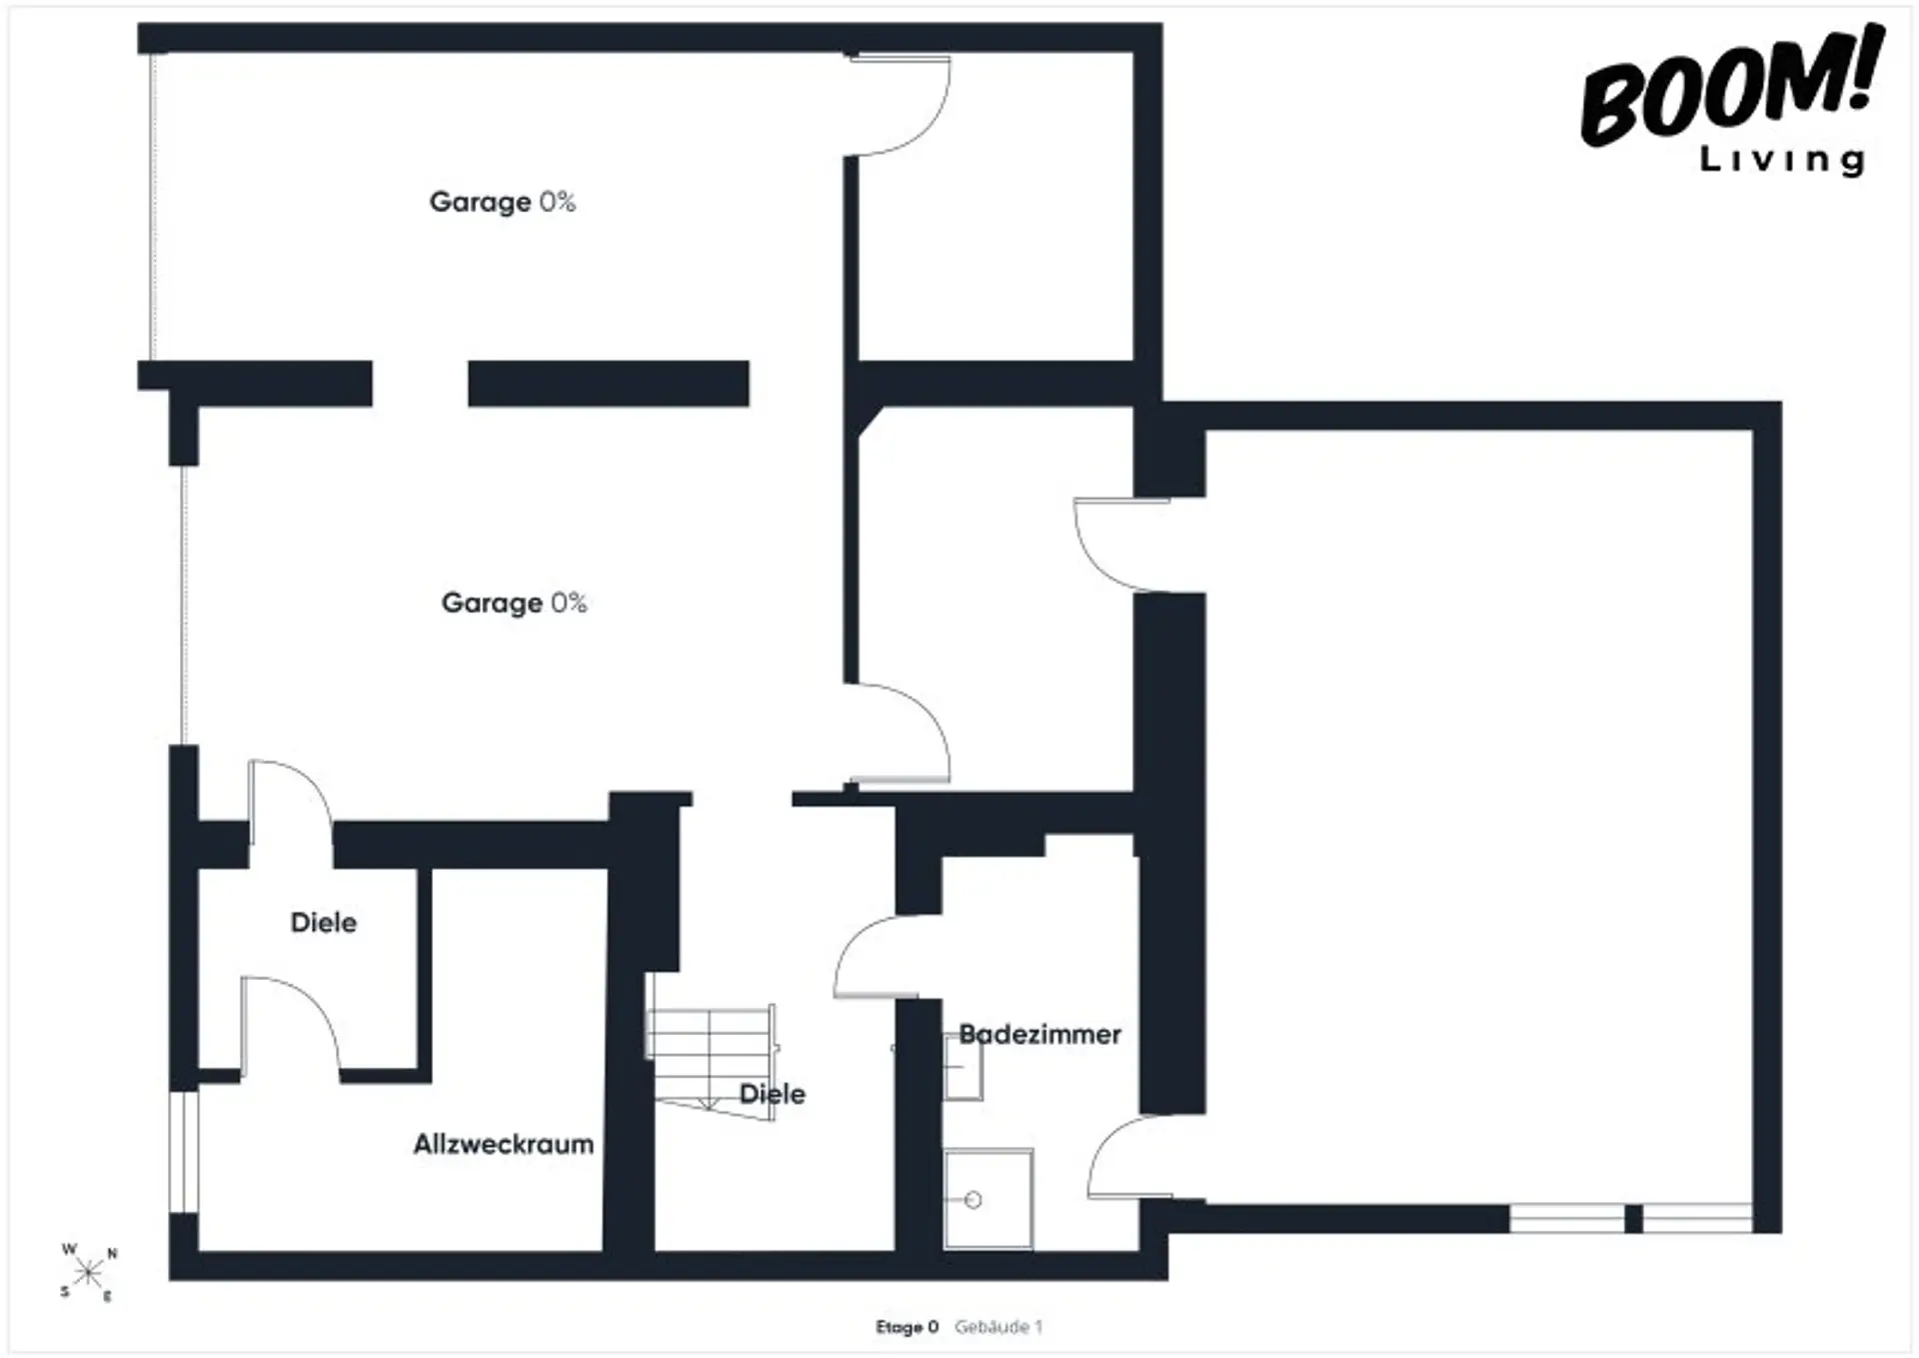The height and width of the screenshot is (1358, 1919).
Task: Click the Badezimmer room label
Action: coord(1039,1034)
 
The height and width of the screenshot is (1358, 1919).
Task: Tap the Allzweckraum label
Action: coord(504,1144)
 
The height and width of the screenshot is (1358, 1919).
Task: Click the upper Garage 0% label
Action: coord(503,202)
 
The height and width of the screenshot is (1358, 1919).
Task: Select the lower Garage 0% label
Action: coord(514,603)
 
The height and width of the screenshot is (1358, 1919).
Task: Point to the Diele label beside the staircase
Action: coord(773,1094)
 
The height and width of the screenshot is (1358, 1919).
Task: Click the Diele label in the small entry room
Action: coord(324,922)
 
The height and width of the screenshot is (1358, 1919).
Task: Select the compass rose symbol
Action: coord(88,1272)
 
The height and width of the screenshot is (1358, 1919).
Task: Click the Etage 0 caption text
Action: coord(908,1327)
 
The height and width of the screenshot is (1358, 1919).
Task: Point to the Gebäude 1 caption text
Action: coord(998,1327)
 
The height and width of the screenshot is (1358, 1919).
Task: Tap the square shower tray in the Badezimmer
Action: coord(988,1199)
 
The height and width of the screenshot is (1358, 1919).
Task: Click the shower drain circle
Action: coord(973,1200)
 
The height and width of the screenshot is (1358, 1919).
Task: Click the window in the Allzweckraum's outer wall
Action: coord(184,1152)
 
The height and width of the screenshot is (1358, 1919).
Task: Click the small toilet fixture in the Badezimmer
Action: coord(963,1067)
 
